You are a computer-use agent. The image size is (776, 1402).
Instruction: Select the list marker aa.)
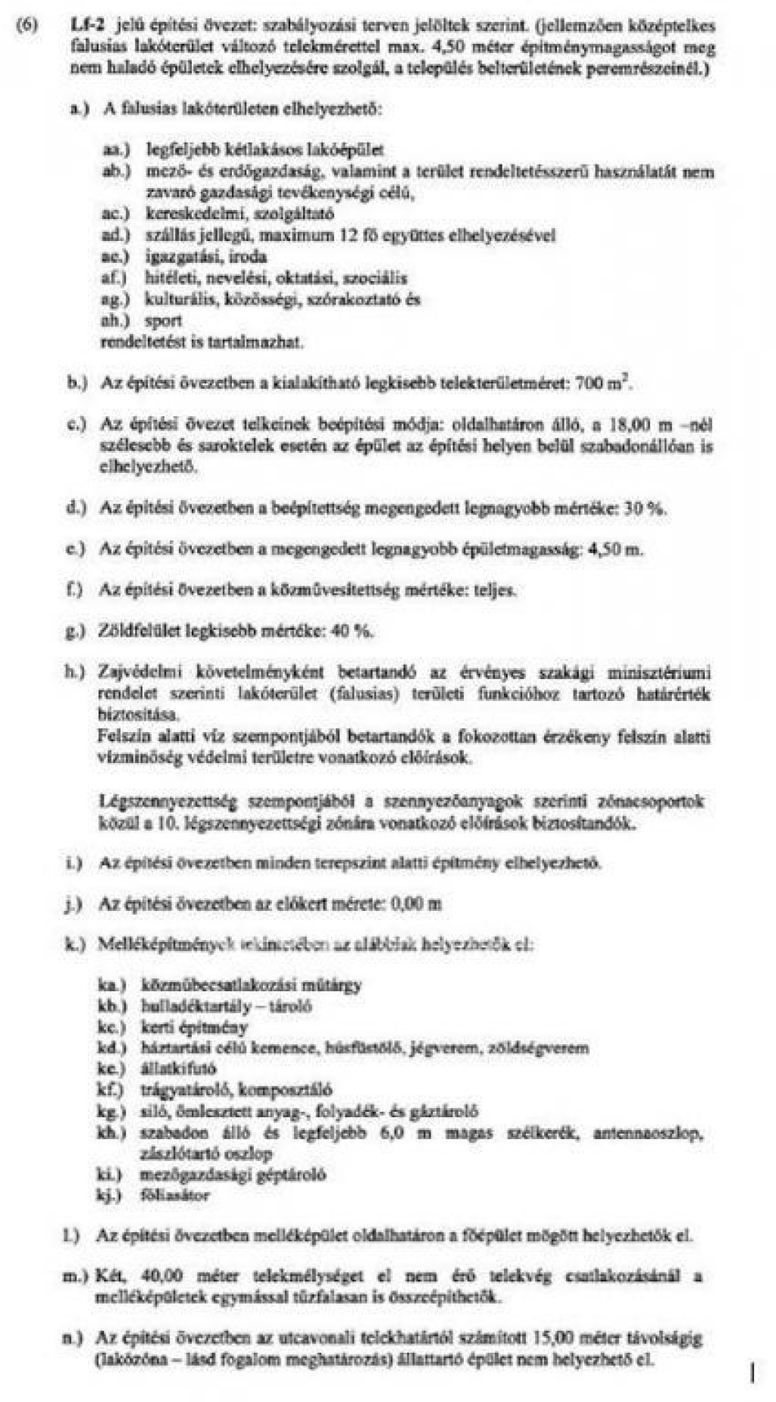point(116,151)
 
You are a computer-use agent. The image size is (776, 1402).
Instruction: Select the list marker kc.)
point(111,1028)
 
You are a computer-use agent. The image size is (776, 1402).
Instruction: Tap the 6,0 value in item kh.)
point(391,1134)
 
